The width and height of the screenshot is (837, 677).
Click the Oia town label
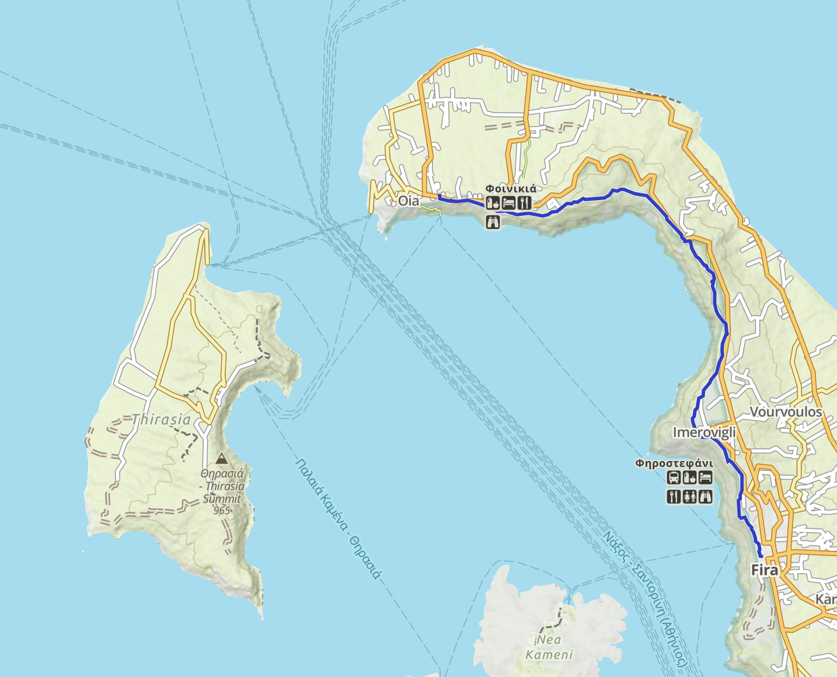pyautogui.click(x=408, y=201)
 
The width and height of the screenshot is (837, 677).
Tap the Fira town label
pyautogui.click(x=764, y=570)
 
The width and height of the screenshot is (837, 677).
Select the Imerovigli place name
pyautogui.click(x=704, y=432)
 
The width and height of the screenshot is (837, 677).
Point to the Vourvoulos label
pyautogui.click(x=786, y=412)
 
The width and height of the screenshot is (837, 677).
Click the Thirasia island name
pyautogui.click(x=161, y=419)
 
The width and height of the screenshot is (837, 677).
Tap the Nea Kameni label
pyautogui.click(x=549, y=647)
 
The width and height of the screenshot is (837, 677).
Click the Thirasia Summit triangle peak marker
pyautogui.click(x=222, y=459)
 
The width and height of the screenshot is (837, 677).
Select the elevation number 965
pyautogui.click(x=222, y=511)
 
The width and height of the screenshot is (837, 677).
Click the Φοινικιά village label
pyautogui.click(x=511, y=189)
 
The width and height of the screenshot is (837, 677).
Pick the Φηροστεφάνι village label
pyautogui.click(x=674, y=463)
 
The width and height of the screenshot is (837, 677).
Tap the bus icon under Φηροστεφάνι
pyautogui.click(x=674, y=478)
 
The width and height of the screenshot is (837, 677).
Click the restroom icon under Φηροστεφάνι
pyautogui.click(x=689, y=497)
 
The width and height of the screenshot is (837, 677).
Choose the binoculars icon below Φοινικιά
pyautogui.click(x=493, y=222)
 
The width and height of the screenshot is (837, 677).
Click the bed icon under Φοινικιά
pyautogui.click(x=508, y=203)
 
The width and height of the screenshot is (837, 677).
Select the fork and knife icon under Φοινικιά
pyautogui.click(x=524, y=203)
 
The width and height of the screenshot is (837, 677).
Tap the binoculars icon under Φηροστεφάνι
pyautogui.click(x=705, y=497)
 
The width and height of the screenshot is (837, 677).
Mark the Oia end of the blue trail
pyautogui.click(x=439, y=197)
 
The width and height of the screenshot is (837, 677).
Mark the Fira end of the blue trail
pyautogui.click(x=761, y=556)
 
